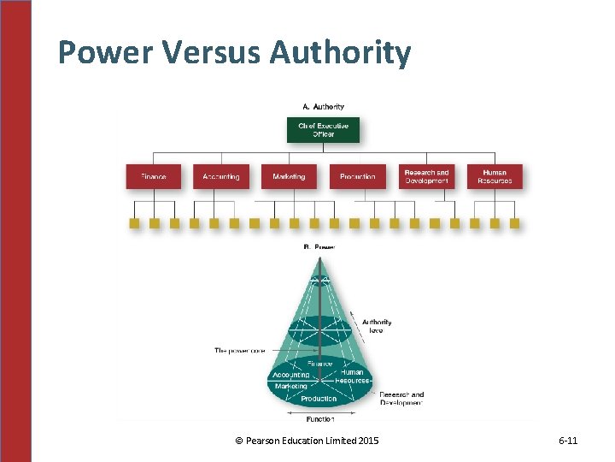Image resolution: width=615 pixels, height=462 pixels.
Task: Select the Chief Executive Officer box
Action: click(x=323, y=130)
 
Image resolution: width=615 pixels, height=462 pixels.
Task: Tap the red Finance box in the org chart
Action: click(x=153, y=176)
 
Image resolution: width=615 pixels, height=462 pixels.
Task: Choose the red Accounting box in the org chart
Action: click(x=221, y=176)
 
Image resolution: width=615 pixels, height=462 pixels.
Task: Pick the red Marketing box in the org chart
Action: click(x=289, y=176)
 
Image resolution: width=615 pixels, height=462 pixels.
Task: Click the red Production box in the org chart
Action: click(x=357, y=176)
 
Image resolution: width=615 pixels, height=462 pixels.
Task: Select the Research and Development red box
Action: click(x=426, y=176)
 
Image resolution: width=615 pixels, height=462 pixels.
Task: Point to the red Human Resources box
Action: click(x=495, y=176)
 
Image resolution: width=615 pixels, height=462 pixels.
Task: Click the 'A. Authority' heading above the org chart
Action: click(x=323, y=107)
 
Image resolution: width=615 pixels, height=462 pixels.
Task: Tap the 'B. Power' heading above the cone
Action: click(x=319, y=247)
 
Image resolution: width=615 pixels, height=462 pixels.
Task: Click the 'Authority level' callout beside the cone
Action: click(x=377, y=326)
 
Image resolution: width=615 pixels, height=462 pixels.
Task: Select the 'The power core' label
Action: click(x=239, y=350)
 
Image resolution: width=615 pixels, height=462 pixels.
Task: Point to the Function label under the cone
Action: click(x=319, y=418)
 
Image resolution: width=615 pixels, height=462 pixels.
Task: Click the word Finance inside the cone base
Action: click(x=321, y=364)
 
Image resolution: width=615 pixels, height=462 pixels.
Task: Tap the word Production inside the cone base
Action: click(x=319, y=399)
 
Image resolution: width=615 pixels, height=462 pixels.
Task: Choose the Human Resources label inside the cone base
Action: click(x=352, y=376)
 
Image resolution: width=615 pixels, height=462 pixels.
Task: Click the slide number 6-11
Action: click(x=568, y=441)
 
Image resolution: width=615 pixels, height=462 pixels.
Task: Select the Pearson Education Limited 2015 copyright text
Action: click(x=307, y=441)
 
